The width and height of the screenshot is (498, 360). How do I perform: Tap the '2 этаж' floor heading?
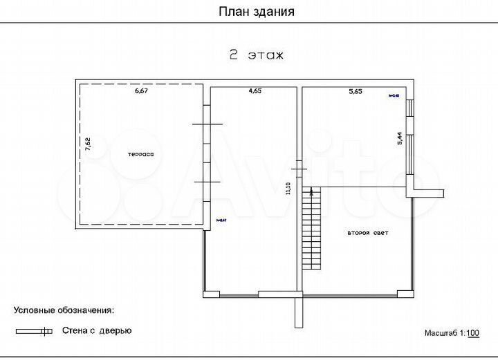(256, 55)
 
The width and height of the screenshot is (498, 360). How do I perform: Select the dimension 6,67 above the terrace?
(142, 91)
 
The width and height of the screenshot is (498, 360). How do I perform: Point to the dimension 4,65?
(255, 91)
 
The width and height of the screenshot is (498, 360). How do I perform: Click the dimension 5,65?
(356, 91)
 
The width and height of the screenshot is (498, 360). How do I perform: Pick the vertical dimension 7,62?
(87, 144)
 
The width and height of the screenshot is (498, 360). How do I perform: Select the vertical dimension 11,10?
(288, 188)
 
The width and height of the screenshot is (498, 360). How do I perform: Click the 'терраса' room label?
(140, 154)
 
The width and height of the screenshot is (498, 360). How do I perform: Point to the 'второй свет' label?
(367, 234)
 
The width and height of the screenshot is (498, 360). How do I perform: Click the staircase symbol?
(313, 228)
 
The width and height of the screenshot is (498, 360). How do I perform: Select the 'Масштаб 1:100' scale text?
(452, 333)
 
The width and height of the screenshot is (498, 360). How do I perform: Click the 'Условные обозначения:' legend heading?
(64, 312)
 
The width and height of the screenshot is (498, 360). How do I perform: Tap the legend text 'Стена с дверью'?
(97, 331)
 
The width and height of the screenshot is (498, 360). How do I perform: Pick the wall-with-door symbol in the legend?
(35, 332)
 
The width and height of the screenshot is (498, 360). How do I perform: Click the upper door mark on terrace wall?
(207, 124)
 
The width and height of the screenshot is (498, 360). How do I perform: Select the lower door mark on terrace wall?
(207, 181)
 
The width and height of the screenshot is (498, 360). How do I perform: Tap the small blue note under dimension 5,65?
(394, 96)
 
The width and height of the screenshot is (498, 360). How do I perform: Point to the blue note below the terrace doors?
(221, 220)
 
